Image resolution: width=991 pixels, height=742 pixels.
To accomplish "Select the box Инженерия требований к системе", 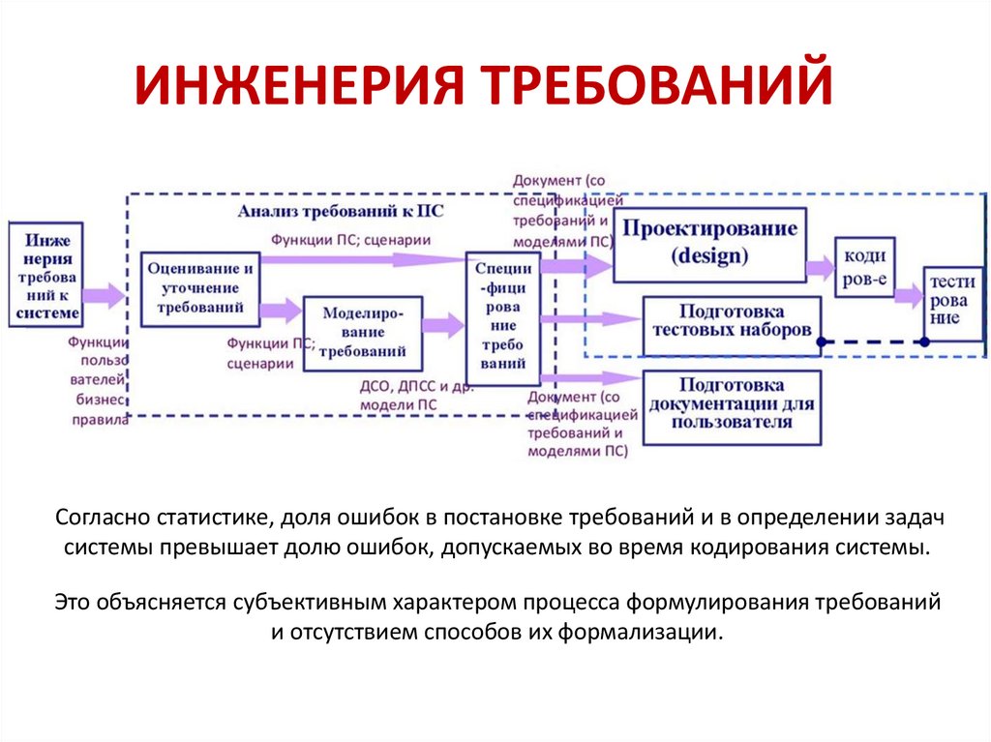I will point(45,275).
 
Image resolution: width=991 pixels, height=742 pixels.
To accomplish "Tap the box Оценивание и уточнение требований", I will point(200,288).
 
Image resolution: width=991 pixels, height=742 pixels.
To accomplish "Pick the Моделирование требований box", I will point(363,333).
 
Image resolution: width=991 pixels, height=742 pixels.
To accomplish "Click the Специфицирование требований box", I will point(502,319).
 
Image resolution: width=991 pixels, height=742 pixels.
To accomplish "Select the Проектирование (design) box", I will point(709,243).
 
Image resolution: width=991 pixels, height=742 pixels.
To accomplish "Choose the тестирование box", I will point(953,300).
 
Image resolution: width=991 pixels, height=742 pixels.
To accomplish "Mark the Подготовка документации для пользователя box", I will point(732,407).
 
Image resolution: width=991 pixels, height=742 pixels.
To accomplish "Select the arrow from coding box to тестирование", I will point(910,294).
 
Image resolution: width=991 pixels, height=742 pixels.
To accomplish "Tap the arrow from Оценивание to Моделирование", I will point(281,311).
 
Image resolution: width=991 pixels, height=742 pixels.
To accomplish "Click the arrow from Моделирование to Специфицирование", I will point(443,325).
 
